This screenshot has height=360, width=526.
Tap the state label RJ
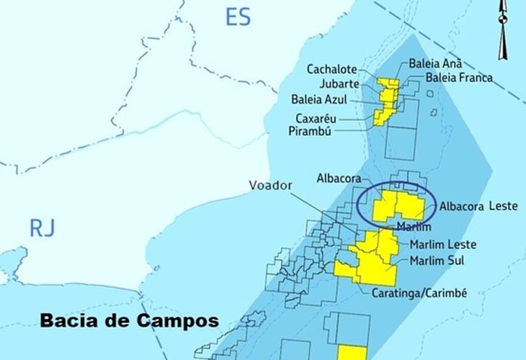click(x=42, y=229)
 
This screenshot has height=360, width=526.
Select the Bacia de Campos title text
click(x=129, y=320)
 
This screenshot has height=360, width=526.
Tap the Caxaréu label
click(x=318, y=118)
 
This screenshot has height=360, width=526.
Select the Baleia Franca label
click(x=459, y=77)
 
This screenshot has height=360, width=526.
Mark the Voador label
click(x=270, y=186)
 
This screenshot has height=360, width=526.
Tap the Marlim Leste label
click(x=442, y=245)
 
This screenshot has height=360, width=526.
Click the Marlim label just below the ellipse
click(x=414, y=228)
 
